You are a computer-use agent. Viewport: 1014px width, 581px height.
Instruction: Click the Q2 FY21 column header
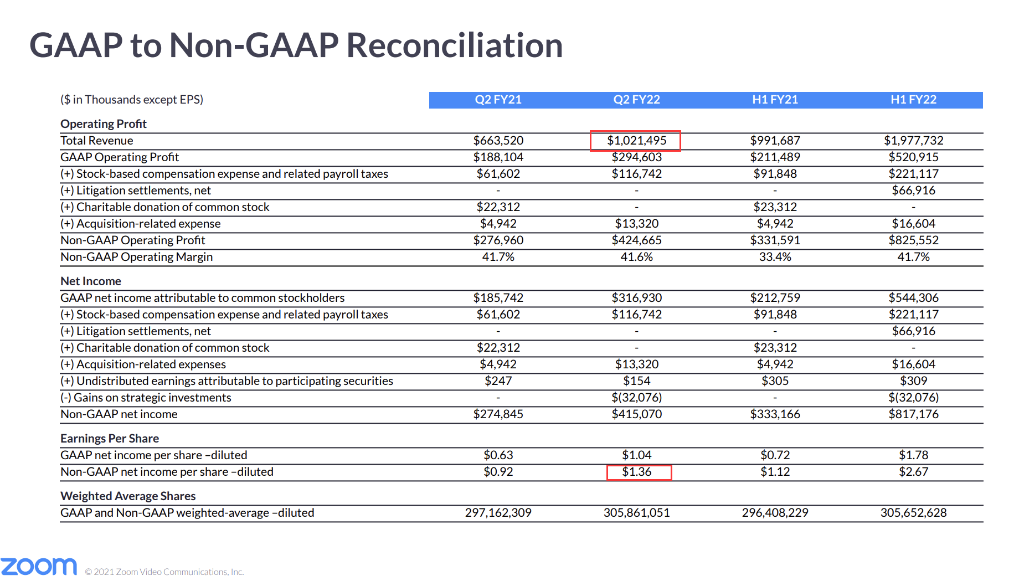click(x=498, y=100)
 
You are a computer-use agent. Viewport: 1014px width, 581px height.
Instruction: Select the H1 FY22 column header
click(x=913, y=100)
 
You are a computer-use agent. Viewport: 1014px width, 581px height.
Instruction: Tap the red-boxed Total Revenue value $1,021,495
click(x=636, y=141)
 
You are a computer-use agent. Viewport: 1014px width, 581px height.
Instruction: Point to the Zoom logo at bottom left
click(x=39, y=566)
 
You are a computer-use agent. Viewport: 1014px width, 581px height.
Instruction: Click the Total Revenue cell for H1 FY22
click(x=913, y=141)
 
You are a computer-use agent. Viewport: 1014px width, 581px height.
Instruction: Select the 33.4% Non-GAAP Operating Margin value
click(x=775, y=257)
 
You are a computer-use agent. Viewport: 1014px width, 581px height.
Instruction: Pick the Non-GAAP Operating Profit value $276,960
click(x=498, y=240)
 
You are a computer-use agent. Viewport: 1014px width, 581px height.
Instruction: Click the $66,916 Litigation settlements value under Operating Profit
click(x=913, y=191)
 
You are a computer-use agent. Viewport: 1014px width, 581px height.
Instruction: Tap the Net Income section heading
click(x=90, y=281)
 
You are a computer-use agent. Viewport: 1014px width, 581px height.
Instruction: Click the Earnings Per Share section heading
click(x=110, y=439)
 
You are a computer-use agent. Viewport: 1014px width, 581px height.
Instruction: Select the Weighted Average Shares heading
click(x=128, y=496)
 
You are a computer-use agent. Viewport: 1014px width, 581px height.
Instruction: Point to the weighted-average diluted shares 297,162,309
click(x=498, y=513)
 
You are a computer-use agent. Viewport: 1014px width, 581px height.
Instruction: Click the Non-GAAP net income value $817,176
click(x=913, y=414)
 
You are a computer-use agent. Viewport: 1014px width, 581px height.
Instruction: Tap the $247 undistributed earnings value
click(x=498, y=381)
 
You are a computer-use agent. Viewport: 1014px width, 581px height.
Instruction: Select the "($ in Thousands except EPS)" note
click(x=132, y=100)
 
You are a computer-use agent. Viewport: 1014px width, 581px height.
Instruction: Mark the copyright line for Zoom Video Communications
click(x=164, y=572)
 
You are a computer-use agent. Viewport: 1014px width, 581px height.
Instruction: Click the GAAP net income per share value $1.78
click(x=913, y=455)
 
